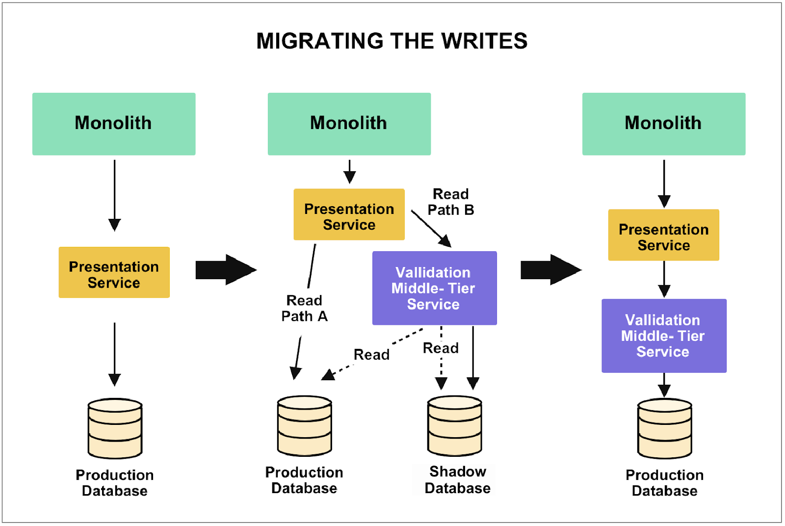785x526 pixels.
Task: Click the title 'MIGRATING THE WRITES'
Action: [392, 41]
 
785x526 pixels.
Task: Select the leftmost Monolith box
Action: [114, 124]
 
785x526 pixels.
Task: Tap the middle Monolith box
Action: [349, 124]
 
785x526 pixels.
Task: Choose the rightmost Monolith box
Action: [663, 124]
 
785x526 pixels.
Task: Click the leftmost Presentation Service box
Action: [114, 272]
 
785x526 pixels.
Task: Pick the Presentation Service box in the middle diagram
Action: [349, 214]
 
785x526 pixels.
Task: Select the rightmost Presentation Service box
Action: [663, 235]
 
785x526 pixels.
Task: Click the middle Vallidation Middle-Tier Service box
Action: [434, 288]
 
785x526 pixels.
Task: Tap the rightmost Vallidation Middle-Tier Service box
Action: [663, 336]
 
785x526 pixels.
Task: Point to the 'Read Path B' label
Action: [450, 202]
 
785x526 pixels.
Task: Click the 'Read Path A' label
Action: [304, 309]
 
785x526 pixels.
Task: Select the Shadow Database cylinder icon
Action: [455, 426]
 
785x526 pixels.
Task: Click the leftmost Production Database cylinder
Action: [115, 428]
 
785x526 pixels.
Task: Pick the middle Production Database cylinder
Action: [304, 426]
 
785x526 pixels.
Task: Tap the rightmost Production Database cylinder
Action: [664, 428]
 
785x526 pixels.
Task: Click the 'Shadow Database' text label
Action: [457, 480]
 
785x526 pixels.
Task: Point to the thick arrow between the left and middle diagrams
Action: [225, 269]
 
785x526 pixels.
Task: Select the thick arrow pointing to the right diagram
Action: [550, 269]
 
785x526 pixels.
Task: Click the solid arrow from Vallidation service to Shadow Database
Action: [473, 358]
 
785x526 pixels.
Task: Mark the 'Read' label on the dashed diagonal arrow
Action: [371, 355]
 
